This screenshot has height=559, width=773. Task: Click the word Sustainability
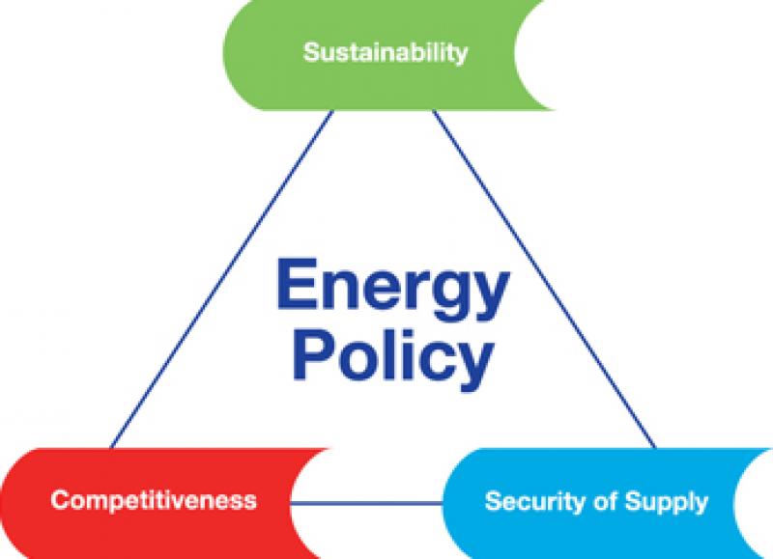[x=385, y=51]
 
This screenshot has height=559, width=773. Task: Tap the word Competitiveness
[x=154, y=500]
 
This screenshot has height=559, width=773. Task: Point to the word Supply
[x=668, y=503]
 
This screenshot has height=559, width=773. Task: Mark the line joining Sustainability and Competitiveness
[x=222, y=280]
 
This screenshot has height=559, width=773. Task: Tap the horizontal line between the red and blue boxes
[x=367, y=502]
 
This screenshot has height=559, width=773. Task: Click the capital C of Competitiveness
[x=59, y=500]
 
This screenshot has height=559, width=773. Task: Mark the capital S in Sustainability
[x=311, y=51]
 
